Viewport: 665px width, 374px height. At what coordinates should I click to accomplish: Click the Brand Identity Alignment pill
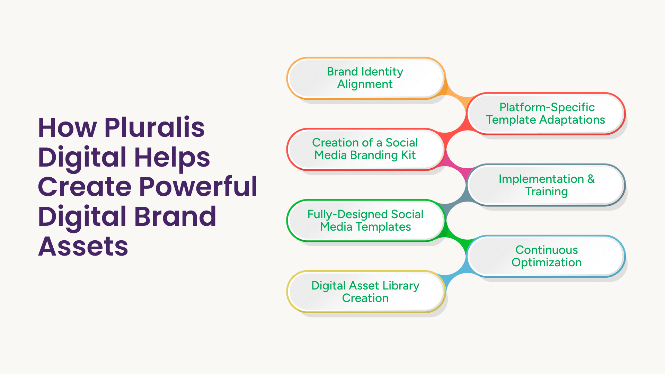point(366,78)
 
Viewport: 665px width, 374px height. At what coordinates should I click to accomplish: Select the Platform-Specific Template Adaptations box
point(546,114)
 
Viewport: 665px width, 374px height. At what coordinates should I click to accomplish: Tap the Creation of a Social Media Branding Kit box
point(366,149)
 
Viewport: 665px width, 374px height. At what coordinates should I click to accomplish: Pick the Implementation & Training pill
point(546,185)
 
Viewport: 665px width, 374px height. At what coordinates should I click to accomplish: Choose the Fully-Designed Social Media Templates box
point(366,220)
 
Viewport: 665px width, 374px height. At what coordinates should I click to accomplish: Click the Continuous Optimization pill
point(546,256)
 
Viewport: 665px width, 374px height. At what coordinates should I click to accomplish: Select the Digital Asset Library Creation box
point(366,292)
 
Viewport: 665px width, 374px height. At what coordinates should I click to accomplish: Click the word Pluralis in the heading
point(154,127)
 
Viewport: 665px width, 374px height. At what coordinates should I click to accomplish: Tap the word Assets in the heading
point(83,246)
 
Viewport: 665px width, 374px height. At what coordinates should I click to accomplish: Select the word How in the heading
point(68,128)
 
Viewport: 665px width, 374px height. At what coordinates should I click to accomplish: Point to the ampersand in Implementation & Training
point(591,179)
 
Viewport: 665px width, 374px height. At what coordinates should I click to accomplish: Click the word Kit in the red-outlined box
point(409,155)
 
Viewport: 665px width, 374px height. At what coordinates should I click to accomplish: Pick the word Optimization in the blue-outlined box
point(547,263)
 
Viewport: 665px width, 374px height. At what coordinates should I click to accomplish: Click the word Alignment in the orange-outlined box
point(365,84)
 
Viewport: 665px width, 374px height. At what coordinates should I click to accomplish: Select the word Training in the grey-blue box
point(547,192)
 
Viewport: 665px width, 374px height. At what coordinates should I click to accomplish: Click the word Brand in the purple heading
point(175,216)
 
